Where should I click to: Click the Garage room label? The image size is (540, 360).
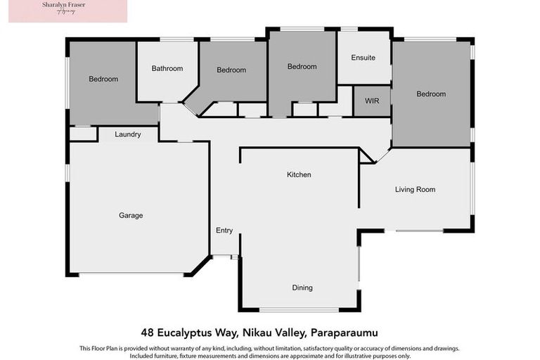pyautogui.click(x=131, y=215)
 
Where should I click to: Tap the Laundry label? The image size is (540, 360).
pyautogui.click(x=128, y=134)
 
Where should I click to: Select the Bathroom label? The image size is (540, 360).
pyautogui.click(x=167, y=68)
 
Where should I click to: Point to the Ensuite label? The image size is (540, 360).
pyautogui.click(x=364, y=58)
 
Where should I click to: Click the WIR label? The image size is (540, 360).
pyautogui.click(x=372, y=101)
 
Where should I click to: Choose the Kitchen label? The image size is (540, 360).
pyautogui.click(x=299, y=174)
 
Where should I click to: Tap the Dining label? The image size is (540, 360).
pyautogui.click(x=302, y=288)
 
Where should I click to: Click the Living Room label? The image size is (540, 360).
pyautogui.click(x=415, y=189)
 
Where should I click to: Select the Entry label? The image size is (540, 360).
pyautogui.click(x=224, y=231)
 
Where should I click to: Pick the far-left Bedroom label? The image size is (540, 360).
pyautogui.click(x=103, y=79)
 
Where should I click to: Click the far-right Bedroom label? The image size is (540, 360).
pyautogui.click(x=430, y=94)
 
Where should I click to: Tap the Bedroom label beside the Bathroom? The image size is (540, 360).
pyautogui.click(x=231, y=70)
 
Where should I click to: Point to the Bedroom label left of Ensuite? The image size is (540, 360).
pyautogui.click(x=302, y=67)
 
